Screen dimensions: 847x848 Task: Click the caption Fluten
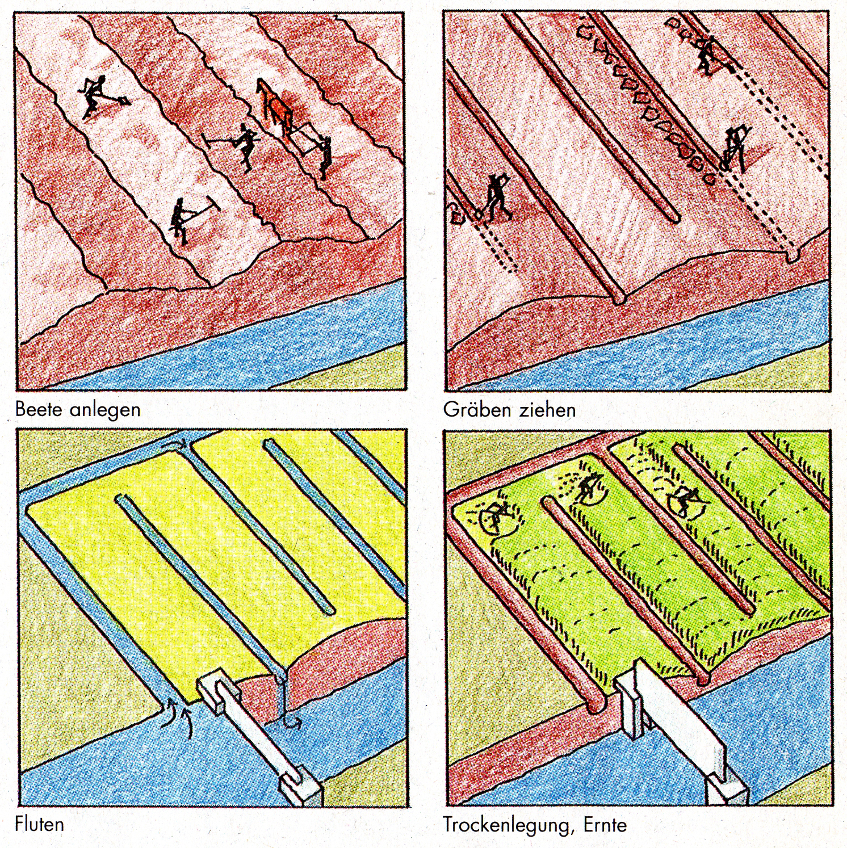point(39,824)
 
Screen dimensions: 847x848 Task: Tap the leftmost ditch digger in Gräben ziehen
point(494,196)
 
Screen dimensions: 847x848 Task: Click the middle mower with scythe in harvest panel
point(588,488)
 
